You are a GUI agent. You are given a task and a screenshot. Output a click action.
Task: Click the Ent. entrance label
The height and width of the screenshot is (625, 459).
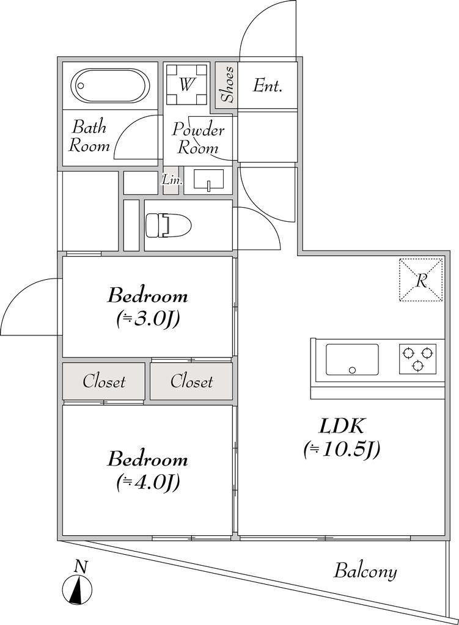tap(268, 86)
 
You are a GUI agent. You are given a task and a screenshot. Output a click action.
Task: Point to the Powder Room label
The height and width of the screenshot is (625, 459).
tap(197, 139)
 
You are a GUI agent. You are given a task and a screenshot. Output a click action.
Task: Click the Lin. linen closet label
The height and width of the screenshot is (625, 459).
tap(171, 180)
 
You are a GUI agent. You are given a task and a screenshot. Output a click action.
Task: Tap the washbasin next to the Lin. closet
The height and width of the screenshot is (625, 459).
tap(208, 180)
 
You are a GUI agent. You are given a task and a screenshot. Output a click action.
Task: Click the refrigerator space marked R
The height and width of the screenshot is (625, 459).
tap(420, 280)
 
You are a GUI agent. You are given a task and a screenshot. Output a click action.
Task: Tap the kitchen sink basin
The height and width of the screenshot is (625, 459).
tap(351, 359)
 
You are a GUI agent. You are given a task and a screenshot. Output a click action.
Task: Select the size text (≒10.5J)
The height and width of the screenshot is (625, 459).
tap(342, 450)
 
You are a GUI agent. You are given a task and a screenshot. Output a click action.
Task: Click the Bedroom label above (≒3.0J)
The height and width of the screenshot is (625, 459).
tap(147, 296)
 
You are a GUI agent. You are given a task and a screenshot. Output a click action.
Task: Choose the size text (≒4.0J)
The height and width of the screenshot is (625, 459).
tap(147, 483)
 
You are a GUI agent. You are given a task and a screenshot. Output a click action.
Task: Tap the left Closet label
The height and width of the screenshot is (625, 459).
tap(104, 382)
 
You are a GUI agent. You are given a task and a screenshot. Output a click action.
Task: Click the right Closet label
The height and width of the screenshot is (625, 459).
tap(191, 382)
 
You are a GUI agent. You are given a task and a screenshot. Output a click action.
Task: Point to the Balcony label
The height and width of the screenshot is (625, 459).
tap(365, 571)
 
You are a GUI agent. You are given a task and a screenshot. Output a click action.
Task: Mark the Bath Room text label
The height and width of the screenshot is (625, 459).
tap(89, 136)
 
